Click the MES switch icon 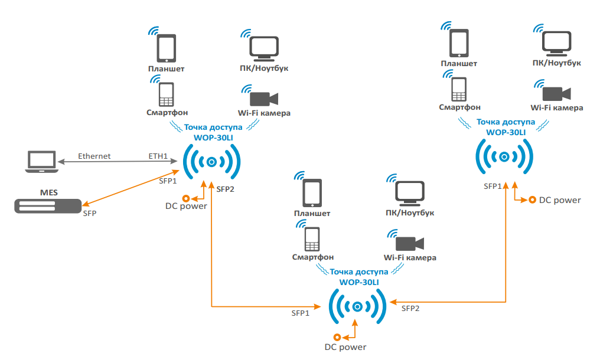click(x=47, y=205)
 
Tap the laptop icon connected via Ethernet click(x=41, y=161)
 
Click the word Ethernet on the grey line click(x=94, y=156)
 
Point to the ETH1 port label click(x=158, y=156)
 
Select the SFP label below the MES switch click(x=90, y=213)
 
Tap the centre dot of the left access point click(x=211, y=162)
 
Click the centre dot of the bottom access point click(x=357, y=307)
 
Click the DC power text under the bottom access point click(x=345, y=347)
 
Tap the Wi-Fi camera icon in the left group click(x=263, y=98)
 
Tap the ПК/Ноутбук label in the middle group click(x=409, y=213)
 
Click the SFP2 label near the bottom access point click(x=410, y=308)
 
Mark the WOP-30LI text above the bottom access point click(x=359, y=282)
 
